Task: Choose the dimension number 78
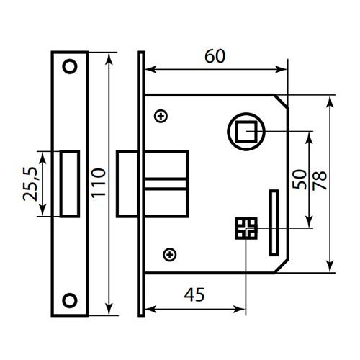click(x=320, y=179)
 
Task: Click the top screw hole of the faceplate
click(x=70, y=66)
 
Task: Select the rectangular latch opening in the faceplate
click(x=70, y=183)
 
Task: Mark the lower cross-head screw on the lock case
click(x=169, y=253)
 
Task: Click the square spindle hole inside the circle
click(x=246, y=131)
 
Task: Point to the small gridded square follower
click(x=246, y=228)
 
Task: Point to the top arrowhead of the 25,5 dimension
click(x=45, y=154)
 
